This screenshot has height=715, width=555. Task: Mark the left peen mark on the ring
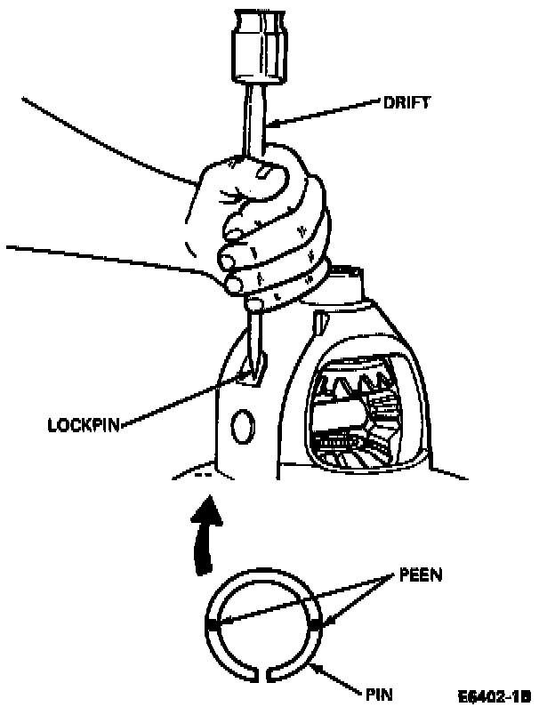click(213, 626)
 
